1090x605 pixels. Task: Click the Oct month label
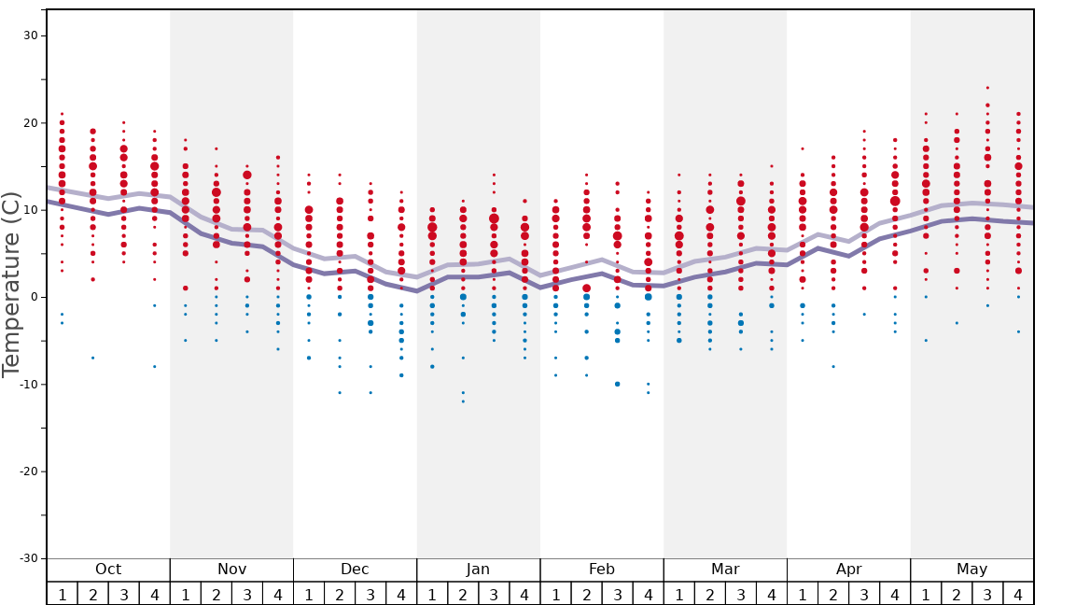pos(108,570)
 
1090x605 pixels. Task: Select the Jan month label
pos(478,570)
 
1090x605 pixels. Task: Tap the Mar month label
pos(725,570)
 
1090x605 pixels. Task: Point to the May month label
pos(971,570)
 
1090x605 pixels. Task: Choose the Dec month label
pos(355,570)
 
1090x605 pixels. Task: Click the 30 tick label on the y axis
pos(29,35)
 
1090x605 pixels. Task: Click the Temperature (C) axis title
pos(11,284)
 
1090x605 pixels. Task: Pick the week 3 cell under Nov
pos(247,594)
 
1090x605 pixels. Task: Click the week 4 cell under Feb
pos(648,594)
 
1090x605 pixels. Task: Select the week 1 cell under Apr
pos(803,594)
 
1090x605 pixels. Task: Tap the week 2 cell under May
pos(957,594)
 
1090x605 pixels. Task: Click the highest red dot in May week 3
pos(987,88)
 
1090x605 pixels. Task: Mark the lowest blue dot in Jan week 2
pos(463,401)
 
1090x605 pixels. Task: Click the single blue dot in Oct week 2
pos(92,358)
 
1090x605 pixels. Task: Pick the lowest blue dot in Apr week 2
pos(833,366)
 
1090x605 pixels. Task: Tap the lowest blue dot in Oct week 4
pos(155,366)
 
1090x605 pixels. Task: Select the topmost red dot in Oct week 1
pos(62,114)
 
